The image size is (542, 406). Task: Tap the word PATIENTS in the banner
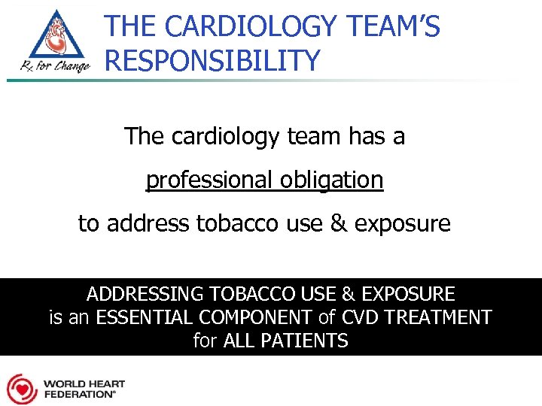pyautogui.click(x=304, y=341)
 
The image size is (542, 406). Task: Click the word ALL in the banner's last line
pyautogui.click(x=240, y=341)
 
